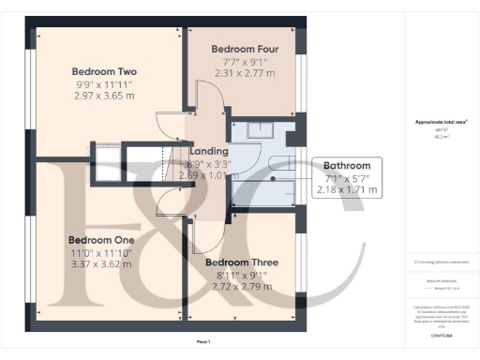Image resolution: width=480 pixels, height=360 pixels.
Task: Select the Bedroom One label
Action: (101, 240)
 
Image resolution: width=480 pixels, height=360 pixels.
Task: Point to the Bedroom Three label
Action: (239, 262)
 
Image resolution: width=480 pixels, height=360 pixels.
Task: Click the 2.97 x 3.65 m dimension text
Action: (104, 97)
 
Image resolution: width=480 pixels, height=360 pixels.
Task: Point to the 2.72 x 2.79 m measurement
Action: (239, 287)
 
